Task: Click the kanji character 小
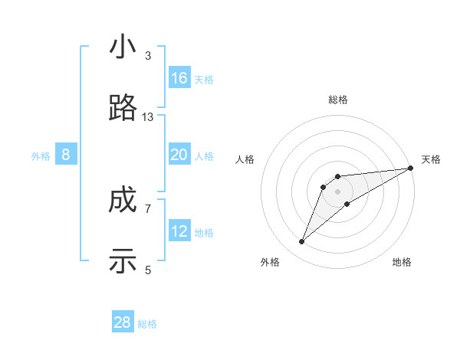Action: click(x=123, y=47)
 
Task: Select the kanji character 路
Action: click(x=123, y=109)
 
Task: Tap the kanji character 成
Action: click(x=123, y=201)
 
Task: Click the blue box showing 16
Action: click(x=179, y=78)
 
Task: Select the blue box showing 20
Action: click(x=179, y=155)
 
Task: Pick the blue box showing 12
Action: click(x=179, y=231)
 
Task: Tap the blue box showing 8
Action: click(x=66, y=155)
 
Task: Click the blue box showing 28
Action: click(x=123, y=322)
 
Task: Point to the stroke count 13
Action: click(x=148, y=117)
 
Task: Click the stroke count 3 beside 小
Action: click(x=148, y=56)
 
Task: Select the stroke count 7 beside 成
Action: click(x=148, y=208)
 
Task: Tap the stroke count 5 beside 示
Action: click(x=148, y=270)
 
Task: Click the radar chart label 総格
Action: click(x=337, y=100)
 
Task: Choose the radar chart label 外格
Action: click(x=269, y=262)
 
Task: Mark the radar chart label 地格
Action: click(x=402, y=262)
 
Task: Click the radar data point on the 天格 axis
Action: click(x=410, y=168)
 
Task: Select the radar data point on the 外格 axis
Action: click(x=302, y=241)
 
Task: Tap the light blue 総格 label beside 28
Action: click(x=147, y=324)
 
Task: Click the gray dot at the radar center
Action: click(x=337, y=191)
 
